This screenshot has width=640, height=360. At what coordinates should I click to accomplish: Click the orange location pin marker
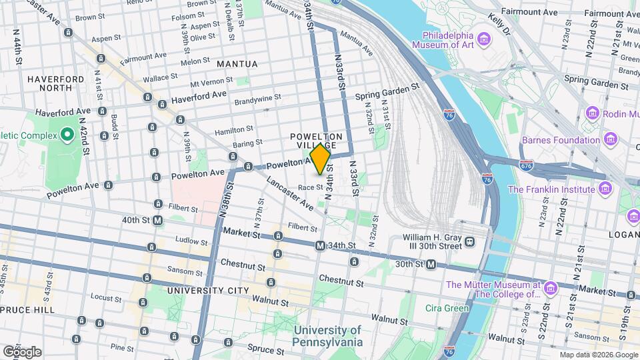coord(320,159)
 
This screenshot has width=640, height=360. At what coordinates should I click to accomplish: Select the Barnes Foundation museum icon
coord(609,139)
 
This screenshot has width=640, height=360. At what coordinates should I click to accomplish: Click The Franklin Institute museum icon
coord(605,189)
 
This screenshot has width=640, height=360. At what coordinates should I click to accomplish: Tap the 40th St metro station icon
coord(157,220)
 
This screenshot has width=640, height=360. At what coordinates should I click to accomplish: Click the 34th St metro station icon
coord(320,245)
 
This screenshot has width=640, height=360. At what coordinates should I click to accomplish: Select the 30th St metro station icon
coord(431,265)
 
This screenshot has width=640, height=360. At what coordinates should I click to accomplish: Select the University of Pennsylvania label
coord(327,336)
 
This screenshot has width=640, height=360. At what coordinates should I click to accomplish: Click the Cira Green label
coord(447,308)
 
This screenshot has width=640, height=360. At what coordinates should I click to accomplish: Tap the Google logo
coord(22,351)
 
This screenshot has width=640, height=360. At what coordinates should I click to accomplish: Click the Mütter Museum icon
coord(551,288)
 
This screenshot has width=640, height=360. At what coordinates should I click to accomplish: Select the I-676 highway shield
coord(527,164)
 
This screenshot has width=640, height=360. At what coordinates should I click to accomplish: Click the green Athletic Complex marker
coord(67,135)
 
